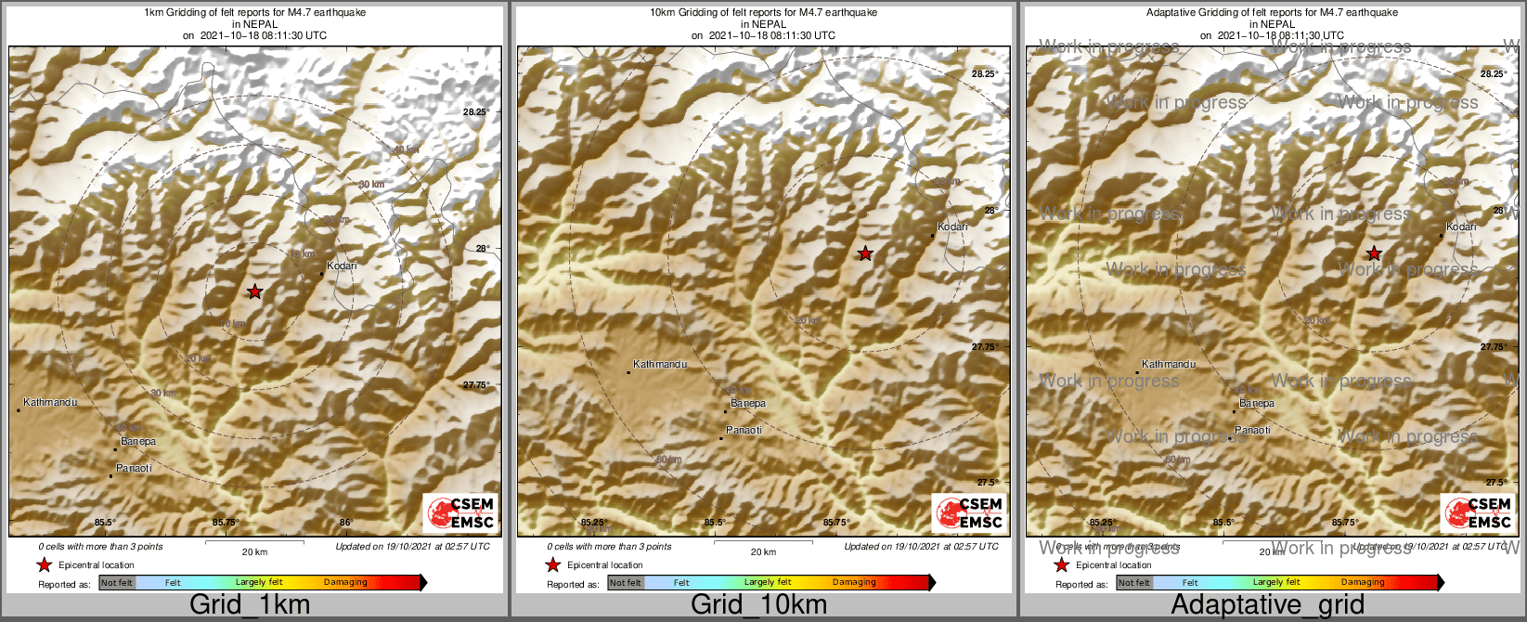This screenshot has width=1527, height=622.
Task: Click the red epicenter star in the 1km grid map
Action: click(255, 292)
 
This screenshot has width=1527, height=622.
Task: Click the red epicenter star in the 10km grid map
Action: click(864, 253)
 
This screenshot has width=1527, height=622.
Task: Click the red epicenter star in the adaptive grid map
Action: click(1374, 253)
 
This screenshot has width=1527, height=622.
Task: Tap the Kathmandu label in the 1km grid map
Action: click(50, 403)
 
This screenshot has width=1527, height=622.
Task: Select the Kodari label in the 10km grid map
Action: click(952, 227)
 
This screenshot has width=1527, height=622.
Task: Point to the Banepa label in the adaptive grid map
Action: click(1257, 404)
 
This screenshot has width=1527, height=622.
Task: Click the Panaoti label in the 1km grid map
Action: click(134, 469)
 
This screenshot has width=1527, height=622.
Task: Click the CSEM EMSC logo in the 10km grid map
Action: click(968, 512)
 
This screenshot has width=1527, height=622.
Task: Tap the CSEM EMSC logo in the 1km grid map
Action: click(459, 512)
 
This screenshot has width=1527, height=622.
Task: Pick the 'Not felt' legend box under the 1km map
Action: click(117, 583)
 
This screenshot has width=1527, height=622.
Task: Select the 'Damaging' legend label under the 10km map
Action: click(854, 583)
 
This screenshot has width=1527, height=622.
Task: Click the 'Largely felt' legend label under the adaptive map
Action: click(1276, 583)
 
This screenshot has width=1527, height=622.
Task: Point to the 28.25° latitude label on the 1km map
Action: click(475, 112)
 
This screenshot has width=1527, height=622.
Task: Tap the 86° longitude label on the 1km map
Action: click(346, 523)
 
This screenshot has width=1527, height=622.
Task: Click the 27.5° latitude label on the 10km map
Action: click(987, 483)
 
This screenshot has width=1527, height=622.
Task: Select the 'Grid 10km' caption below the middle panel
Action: click(758, 605)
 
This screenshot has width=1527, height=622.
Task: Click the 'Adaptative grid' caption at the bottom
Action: click(1267, 605)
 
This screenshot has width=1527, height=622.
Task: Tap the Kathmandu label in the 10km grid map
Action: click(660, 365)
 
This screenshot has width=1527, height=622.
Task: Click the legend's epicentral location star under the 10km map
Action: click(553, 565)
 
